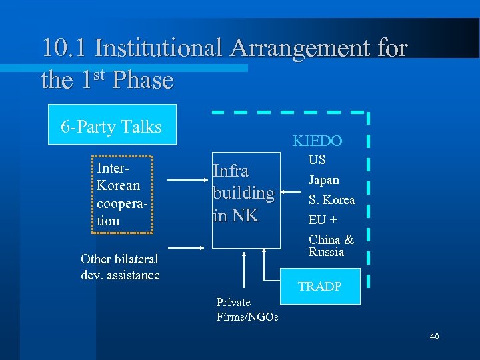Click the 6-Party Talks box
tap(112, 125)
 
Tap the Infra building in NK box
tap(244, 193)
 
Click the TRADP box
tap(320, 286)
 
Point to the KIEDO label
tap(317, 141)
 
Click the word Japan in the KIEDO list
tap(323, 180)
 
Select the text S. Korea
tap(331, 200)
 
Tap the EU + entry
tap(323, 219)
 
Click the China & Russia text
tap(331, 245)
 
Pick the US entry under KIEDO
tap(317, 160)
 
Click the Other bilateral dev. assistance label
tap(120, 267)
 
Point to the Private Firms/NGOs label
tap(247, 309)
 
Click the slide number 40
tap(434, 337)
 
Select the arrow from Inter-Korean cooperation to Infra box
tap(187, 180)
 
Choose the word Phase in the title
tap(143, 81)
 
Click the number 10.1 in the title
tap(65, 48)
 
